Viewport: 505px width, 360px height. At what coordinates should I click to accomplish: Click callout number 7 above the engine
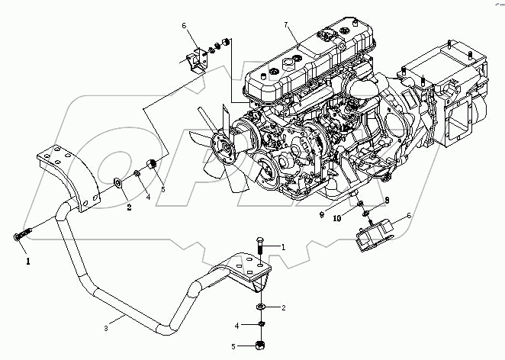pos(288,25)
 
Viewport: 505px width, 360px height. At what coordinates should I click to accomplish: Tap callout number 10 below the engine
pos(336,217)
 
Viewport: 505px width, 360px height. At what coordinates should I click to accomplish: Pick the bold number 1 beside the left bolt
pos(30,260)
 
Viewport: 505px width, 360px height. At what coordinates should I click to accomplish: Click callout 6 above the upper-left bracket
pos(183,27)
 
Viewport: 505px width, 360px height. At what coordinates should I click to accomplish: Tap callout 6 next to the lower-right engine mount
pos(409,216)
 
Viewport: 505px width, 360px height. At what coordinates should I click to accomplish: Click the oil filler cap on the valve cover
pos(326,35)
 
